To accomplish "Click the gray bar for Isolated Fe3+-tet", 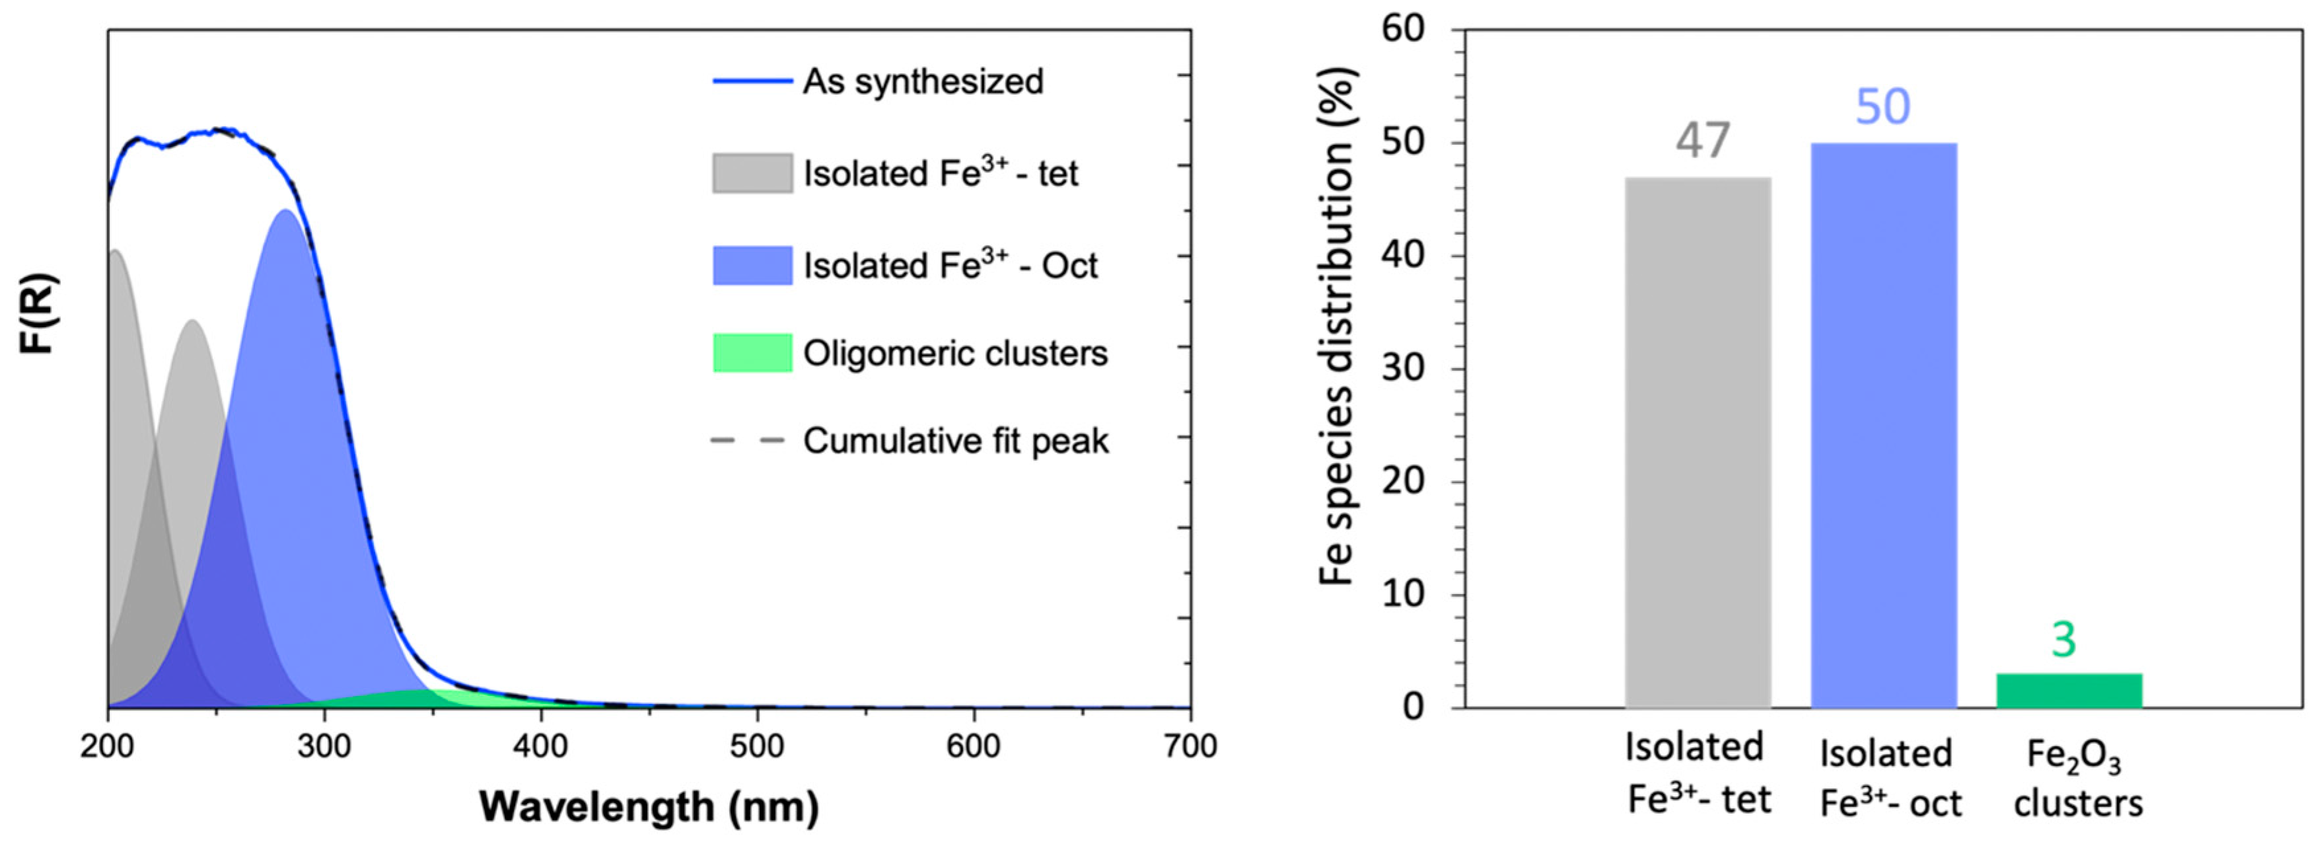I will tap(1697, 442).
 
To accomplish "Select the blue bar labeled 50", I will tap(1883, 424).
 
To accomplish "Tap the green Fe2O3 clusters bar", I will tap(2069, 690).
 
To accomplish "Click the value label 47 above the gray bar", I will tap(1703, 141).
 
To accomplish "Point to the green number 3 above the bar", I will tap(2063, 640).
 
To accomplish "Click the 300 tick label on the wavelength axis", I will tap(325, 747).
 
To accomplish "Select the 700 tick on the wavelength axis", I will tap(1190, 747).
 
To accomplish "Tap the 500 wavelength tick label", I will tap(758, 747).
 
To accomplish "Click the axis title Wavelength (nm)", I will tap(649, 806).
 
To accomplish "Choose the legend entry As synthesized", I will tap(923, 81).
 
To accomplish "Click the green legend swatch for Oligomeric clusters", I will tap(752, 353).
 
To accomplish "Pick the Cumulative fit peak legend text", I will tap(955, 441).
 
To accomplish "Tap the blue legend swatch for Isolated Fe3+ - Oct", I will tap(752, 265).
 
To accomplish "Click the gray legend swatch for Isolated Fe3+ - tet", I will tap(752, 173).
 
